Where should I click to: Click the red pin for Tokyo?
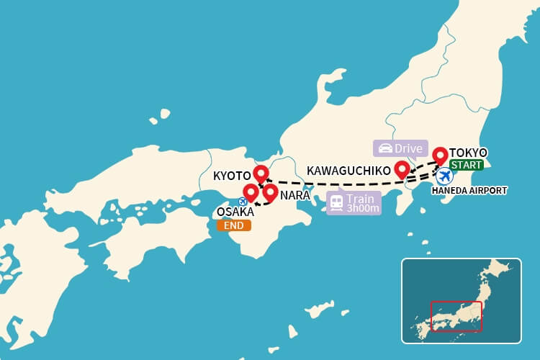click(439, 155)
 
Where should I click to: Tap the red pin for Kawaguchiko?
click(402, 168)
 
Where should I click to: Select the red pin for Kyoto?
click(261, 174)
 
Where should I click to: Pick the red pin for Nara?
click(270, 192)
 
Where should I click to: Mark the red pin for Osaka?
click(251, 192)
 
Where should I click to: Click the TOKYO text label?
click(468, 153)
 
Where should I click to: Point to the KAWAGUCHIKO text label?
click(348, 171)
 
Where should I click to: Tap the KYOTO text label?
click(231, 176)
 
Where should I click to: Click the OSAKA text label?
click(234, 212)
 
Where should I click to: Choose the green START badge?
click(466, 166)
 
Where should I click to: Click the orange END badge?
click(234, 225)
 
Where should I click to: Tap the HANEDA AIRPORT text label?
click(469, 191)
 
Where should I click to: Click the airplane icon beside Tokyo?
click(444, 176)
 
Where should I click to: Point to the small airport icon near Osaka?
click(243, 202)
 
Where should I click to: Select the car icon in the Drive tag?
click(385, 149)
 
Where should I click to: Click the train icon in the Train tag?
click(336, 202)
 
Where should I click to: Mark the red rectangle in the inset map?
click(456, 316)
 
